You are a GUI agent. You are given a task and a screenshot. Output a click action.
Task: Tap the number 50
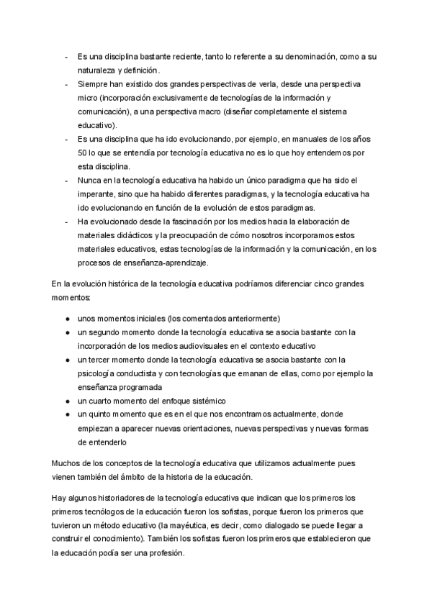(x=82, y=153)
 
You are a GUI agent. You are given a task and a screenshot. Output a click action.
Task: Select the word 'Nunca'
(x=89, y=181)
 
